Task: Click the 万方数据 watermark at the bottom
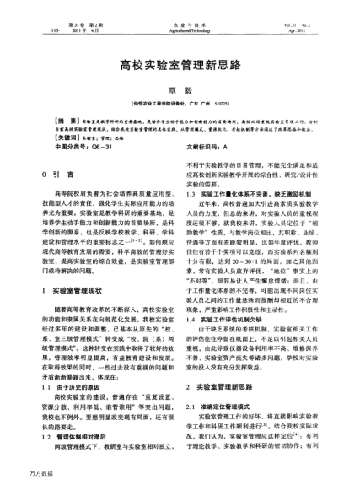point(17,477)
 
